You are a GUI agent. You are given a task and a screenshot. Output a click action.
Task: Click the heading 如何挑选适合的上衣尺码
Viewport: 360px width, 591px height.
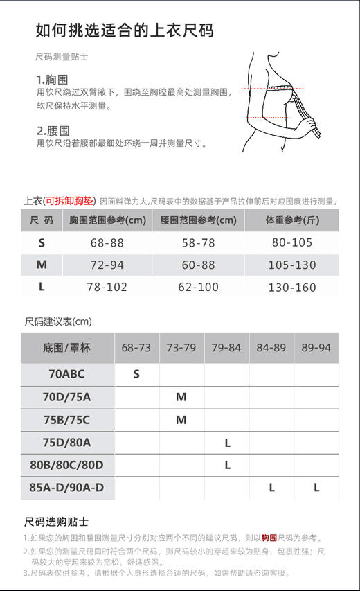point(124,30)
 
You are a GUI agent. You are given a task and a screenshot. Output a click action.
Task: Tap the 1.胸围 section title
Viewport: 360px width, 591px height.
point(52,80)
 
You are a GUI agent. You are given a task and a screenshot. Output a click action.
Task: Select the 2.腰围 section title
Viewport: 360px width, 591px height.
point(53,130)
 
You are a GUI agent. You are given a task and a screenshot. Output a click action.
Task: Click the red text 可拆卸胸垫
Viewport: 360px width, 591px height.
point(69,202)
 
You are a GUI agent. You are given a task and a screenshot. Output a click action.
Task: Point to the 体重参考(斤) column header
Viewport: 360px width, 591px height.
point(291,220)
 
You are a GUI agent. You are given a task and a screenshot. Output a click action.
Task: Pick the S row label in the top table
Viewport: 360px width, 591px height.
point(42,242)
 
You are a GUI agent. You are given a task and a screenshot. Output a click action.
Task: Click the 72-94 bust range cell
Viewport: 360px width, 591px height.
point(107,265)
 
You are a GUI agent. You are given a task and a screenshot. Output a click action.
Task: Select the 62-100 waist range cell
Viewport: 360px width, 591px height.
point(199,287)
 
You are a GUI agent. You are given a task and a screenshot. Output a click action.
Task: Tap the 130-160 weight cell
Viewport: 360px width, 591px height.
point(291,287)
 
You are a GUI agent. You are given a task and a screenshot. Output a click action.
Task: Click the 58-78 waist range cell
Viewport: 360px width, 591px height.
point(199,242)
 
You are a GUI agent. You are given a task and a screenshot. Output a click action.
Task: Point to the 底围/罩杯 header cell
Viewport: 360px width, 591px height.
point(66,348)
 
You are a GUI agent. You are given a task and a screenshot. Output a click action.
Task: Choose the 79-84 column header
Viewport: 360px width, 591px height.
point(226,348)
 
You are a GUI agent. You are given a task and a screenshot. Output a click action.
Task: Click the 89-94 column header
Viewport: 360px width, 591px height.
point(316,348)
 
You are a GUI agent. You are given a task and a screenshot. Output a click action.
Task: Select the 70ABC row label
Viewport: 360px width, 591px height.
point(66,374)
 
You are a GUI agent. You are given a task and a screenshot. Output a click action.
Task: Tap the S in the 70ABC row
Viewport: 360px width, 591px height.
point(136,374)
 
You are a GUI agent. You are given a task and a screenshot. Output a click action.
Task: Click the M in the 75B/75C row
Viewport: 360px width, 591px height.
point(181,420)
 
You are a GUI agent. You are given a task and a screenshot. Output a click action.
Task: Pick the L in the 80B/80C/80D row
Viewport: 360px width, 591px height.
point(227,465)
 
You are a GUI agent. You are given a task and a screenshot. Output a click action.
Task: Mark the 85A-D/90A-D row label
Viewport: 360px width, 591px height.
point(66,488)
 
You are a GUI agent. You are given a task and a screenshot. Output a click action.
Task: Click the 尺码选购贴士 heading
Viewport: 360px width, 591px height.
point(56,522)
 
